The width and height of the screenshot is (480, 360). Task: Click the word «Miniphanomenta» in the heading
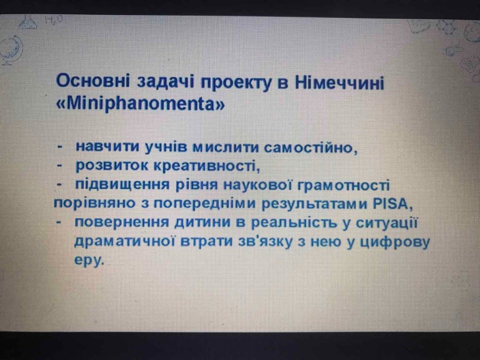click(140, 104)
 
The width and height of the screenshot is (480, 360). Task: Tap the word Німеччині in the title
click(339, 82)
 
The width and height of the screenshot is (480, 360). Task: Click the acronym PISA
click(392, 204)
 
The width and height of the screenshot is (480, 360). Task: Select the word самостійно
click(310, 148)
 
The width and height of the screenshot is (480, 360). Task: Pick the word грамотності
click(343, 186)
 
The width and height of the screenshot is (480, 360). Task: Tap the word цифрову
click(394, 243)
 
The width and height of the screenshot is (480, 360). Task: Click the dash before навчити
click(60, 147)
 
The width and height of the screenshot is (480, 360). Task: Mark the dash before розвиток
click(60, 166)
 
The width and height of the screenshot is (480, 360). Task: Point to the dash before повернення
click(60, 223)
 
